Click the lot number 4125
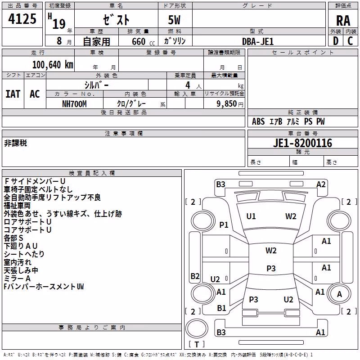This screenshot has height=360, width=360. pos(22,19)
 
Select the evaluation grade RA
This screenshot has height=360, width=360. pos(343,21)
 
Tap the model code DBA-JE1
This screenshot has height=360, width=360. pos(258,41)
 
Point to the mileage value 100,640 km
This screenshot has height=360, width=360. pos(53,65)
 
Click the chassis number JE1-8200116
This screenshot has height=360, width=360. pos(302,143)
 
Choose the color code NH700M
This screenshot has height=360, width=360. pos(74,104)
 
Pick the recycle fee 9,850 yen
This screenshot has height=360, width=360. pos(230,104)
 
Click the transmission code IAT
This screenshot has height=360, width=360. pos(13,94)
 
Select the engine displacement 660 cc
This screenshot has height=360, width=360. pos(143,41)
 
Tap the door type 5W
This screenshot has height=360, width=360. pos(174,20)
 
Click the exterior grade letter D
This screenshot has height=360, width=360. pos(336,41)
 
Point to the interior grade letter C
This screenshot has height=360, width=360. pos(350,41)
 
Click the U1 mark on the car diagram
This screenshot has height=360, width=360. pos(251,216)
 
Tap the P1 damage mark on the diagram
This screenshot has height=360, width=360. pos(224,225)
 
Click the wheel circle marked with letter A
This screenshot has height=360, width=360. pos(339,294)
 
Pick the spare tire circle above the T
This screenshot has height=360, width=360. pos(197,328)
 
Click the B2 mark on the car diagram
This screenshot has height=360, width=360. pos(195,276)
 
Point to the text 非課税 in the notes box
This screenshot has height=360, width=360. pos(15,143)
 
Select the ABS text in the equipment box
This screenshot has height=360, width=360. pos(258,121)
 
